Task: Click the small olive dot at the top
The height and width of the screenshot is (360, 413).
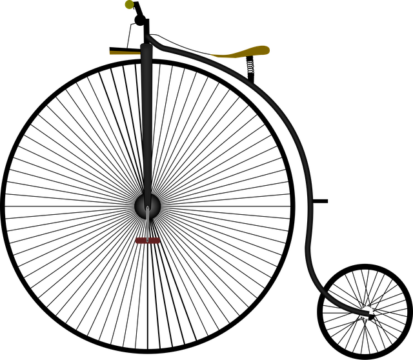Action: (x=129, y=5)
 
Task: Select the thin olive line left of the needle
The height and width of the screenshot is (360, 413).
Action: (x=125, y=53)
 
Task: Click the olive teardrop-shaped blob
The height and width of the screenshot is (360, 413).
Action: (x=248, y=51)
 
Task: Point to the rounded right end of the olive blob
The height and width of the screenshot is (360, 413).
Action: (x=268, y=49)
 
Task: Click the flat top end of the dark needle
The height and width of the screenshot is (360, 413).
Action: (x=146, y=46)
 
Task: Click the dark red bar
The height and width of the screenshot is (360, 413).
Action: (x=147, y=241)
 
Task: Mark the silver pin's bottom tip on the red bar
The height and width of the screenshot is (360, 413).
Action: (x=148, y=240)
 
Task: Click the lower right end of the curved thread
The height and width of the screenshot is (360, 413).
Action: (x=370, y=314)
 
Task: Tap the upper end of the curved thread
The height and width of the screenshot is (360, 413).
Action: (x=148, y=37)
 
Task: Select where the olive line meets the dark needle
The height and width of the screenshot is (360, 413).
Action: (x=141, y=53)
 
